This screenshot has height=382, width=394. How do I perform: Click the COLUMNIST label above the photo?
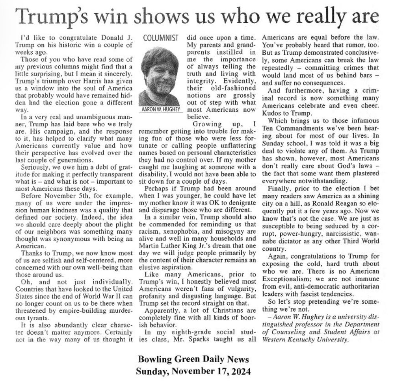[161, 39]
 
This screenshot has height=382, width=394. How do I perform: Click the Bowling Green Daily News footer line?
[193, 359]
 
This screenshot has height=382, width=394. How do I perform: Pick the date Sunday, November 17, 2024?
[193, 371]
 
